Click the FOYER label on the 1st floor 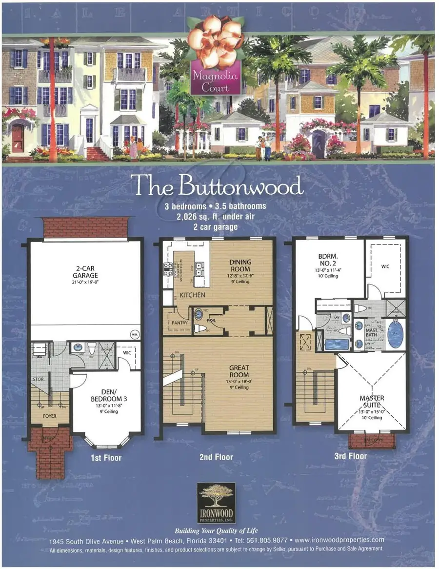tap(50, 416)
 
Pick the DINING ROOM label tap(240, 265)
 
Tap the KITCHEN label tap(192, 295)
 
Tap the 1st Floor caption tap(106, 458)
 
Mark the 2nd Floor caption tap(217, 457)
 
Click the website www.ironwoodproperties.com tap(339, 540)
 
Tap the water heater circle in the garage tap(134, 334)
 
